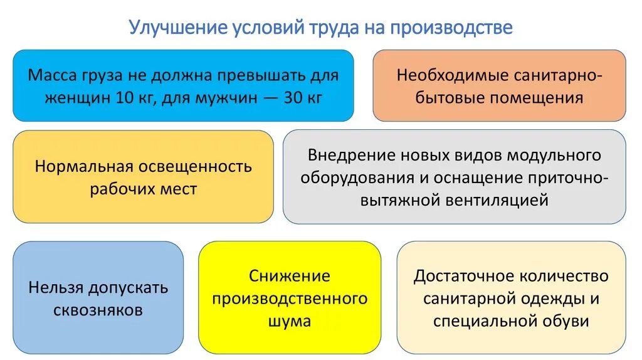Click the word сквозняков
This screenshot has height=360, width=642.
pos(98,310)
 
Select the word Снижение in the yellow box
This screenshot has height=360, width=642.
pos(289,276)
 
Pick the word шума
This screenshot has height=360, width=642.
pos(289,322)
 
